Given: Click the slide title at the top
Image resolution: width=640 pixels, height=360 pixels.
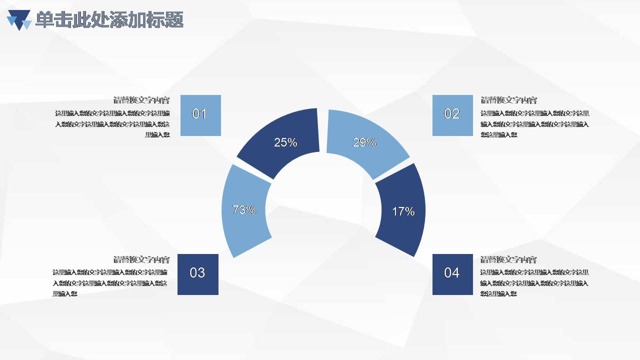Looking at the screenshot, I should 109,20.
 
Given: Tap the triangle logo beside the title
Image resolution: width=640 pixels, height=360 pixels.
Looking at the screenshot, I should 19,20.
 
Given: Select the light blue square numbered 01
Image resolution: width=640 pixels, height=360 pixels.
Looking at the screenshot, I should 200,115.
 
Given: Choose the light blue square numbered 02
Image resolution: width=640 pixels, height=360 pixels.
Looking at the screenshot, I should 452,115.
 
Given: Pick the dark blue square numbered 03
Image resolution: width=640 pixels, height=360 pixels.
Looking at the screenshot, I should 197,274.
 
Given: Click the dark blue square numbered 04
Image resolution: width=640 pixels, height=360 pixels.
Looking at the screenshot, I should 452,274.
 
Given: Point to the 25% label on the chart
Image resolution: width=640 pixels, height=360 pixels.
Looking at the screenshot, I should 285,142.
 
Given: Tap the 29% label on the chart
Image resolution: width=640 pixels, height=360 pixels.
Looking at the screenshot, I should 364,142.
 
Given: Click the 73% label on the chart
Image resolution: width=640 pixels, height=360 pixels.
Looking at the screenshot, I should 244,210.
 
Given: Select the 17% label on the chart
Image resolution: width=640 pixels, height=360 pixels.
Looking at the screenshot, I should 403,211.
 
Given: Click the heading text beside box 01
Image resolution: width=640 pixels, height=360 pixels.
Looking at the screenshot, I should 141,100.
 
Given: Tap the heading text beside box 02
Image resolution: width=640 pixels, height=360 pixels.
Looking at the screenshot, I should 508,100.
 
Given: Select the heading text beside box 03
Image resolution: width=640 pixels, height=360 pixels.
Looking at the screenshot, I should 141,259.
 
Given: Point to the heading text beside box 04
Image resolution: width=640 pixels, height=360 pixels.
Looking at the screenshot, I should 508,259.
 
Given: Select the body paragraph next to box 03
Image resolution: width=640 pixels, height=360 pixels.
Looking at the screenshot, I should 110,283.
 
